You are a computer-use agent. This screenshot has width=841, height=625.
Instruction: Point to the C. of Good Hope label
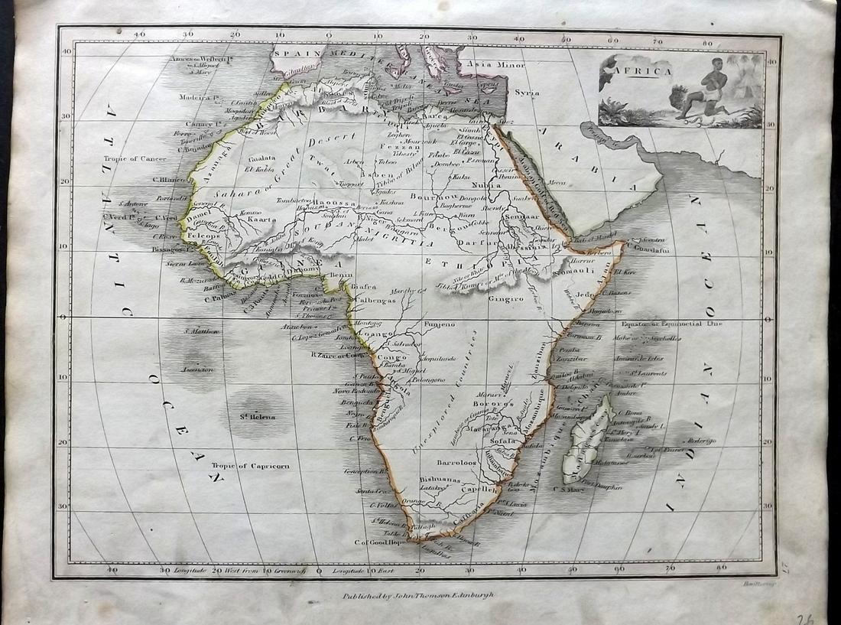pos(378,542)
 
